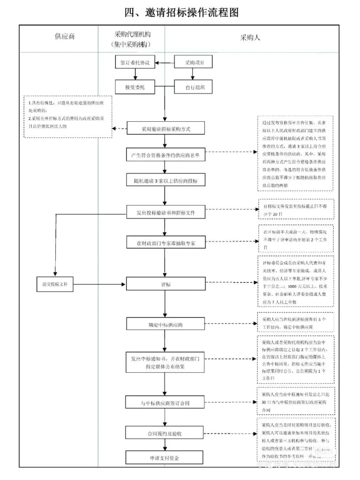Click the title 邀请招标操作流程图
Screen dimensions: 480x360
pyautogui.click(x=182, y=12)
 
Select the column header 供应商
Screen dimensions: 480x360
pyautogui.click(x=65, y=36)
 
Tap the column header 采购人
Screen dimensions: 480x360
pyautogui.click(x=250, y=38)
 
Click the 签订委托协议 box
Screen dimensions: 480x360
pyautogui.click(x=135, y=62)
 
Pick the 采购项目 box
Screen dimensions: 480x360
pyautogui.click(x=193, y=62)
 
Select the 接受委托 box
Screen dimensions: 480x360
pyautogui.click(x=135, y=87)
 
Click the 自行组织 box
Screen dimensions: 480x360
pyautogui.click(x=193, y=87)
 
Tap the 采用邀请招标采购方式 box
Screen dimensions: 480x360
pyautogui.click(x=166, y=129)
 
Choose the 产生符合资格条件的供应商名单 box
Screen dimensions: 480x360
pyautogui.click(x=165, y=155)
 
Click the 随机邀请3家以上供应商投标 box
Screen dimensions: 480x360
pyautogui.click(x=165, y=181)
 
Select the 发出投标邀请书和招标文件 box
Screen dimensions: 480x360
pyautogui.click(x=165, y=212)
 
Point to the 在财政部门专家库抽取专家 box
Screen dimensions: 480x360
pyautogui.click(x=166, y=243)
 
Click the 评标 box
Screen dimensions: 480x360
pyautogui.click(x=166, y=284)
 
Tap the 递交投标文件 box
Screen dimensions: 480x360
pyautogui.click(x=55, y=284)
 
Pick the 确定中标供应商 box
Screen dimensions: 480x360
pyautogui.click(x=165, y=324)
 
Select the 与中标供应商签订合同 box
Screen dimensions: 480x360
pyautogui.click(x=165, y=403)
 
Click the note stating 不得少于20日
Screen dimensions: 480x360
pyautogui.click(x=296, y=210)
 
